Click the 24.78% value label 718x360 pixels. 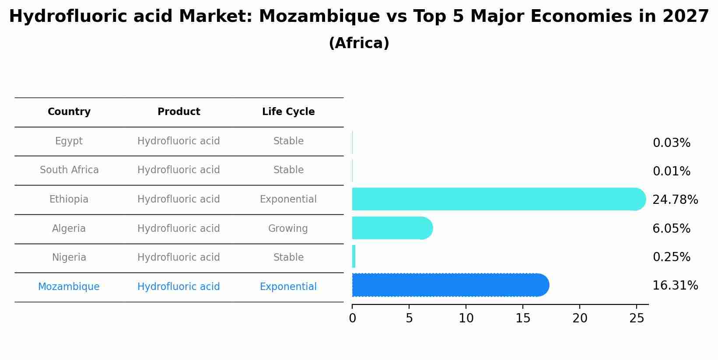pyautogui.click(x=675, y=200)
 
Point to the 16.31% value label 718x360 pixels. pyautogui.click(x=675, y=286)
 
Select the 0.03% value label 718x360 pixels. pyautogui.click(x=671, y=143)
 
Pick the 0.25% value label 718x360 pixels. pyautogui.click(x=671, y=257)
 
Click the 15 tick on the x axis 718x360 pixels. pyautogui.click(x=523, y=318)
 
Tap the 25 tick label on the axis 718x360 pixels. pyautogui.click(x=637, y=318)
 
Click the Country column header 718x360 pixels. pyautogui.click(x=69, y=112)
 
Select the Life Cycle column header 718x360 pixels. pyautogui.click(x=288, y=112)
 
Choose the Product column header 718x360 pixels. pyautogui.click(x=179, y=112)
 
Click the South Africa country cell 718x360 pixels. pyautogui.click(x=69, y=170)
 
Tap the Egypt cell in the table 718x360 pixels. pyautogui.click(x=69, y=141)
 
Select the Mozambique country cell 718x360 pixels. pyautogui.click(x=69, y=287)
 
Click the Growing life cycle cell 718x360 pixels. pyautogui.click(x=288, y=229)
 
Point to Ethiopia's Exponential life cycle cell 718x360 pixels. pyautogui.click(x=288, y=199)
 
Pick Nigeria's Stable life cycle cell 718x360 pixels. pyautogui.click(x=288, y=258)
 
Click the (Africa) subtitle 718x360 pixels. pyautogui.click(x=359, y=43)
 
